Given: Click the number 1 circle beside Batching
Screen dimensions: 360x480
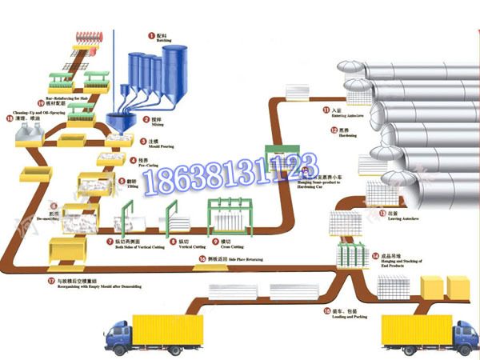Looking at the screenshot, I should [150, 35].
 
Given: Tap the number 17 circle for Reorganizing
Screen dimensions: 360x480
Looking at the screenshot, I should [50, 282].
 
